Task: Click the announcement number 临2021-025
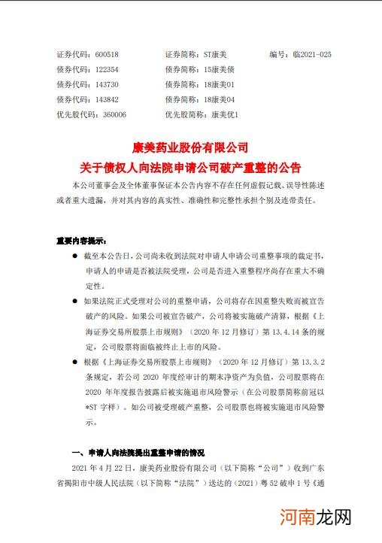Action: [311, 55]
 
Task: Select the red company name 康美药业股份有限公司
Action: [190, 147]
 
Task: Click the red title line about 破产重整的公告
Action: [190, 166]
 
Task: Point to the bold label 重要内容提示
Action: [81, 241]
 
